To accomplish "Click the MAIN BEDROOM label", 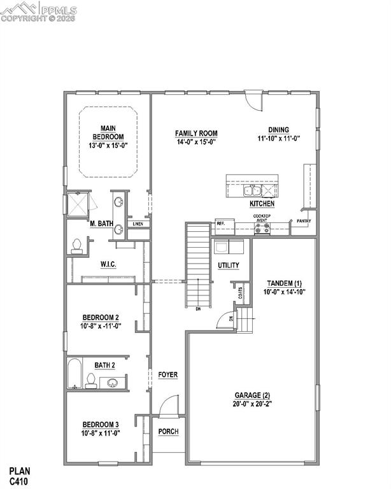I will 108,132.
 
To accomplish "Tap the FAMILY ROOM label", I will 195,133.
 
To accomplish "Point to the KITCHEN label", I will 262,204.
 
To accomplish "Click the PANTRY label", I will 303,222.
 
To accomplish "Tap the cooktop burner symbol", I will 262,229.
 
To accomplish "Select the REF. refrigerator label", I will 220,223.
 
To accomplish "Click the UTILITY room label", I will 228,265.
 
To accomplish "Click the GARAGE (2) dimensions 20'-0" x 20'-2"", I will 252,403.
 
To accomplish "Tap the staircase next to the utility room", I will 199,264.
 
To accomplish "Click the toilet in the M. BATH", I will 78,244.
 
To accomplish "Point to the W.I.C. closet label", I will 107,264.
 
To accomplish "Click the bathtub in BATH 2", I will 73,374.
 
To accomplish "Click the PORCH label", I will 169,432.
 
